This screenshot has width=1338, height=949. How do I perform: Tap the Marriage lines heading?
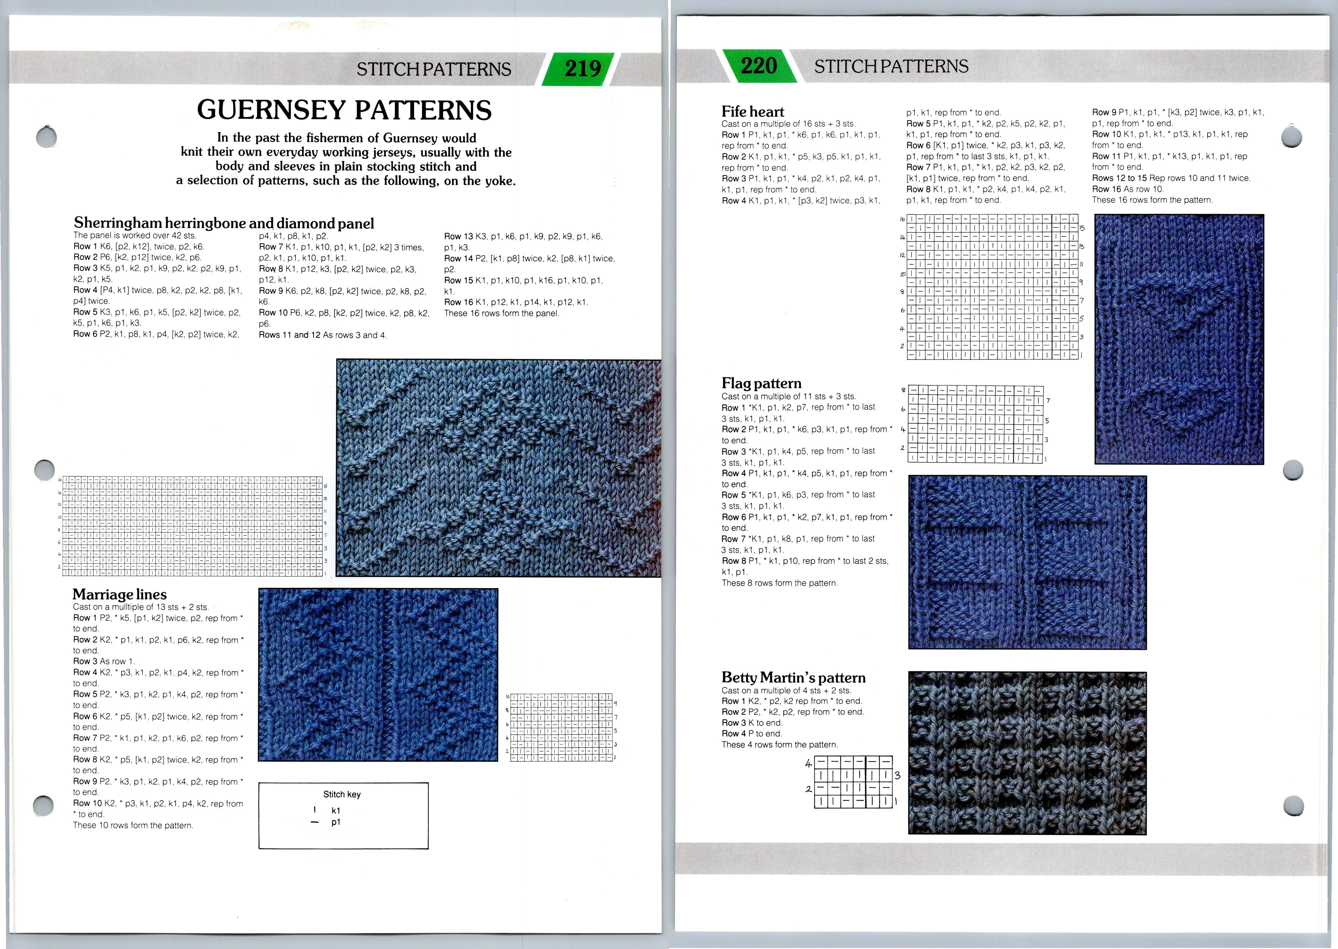[x=120, y=594]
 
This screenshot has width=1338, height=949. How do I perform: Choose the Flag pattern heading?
[x=761, y=383]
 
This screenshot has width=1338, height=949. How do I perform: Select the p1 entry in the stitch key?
[x=335, y=822]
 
